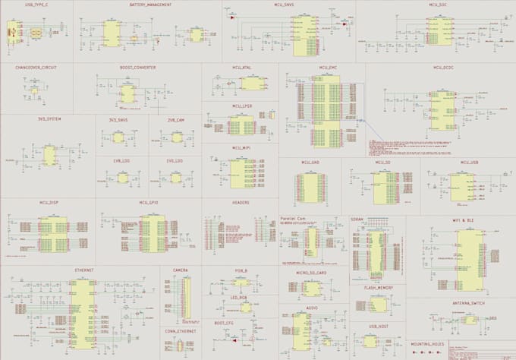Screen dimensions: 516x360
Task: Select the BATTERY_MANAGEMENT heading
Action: pos(149,5)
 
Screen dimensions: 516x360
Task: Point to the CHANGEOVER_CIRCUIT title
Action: pos(36,67)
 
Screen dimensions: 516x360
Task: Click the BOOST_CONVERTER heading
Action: pos(138,67)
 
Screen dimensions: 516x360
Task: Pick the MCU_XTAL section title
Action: pos(242,67)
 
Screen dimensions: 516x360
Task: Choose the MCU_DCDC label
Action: pos(443,67)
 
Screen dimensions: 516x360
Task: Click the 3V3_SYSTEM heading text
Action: pos(49,120)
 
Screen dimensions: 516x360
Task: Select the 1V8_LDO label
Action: pos(121,161)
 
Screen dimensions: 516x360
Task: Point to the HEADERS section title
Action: pos(241,203)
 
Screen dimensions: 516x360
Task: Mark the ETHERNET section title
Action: pos(84,270)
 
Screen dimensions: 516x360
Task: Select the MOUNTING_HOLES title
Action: pos(428,343)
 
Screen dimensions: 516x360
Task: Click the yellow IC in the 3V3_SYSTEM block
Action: pos(49,156)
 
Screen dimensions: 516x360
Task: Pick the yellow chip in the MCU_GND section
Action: pos(311,185)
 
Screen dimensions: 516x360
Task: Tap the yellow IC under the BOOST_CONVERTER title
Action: pos(127,93)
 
